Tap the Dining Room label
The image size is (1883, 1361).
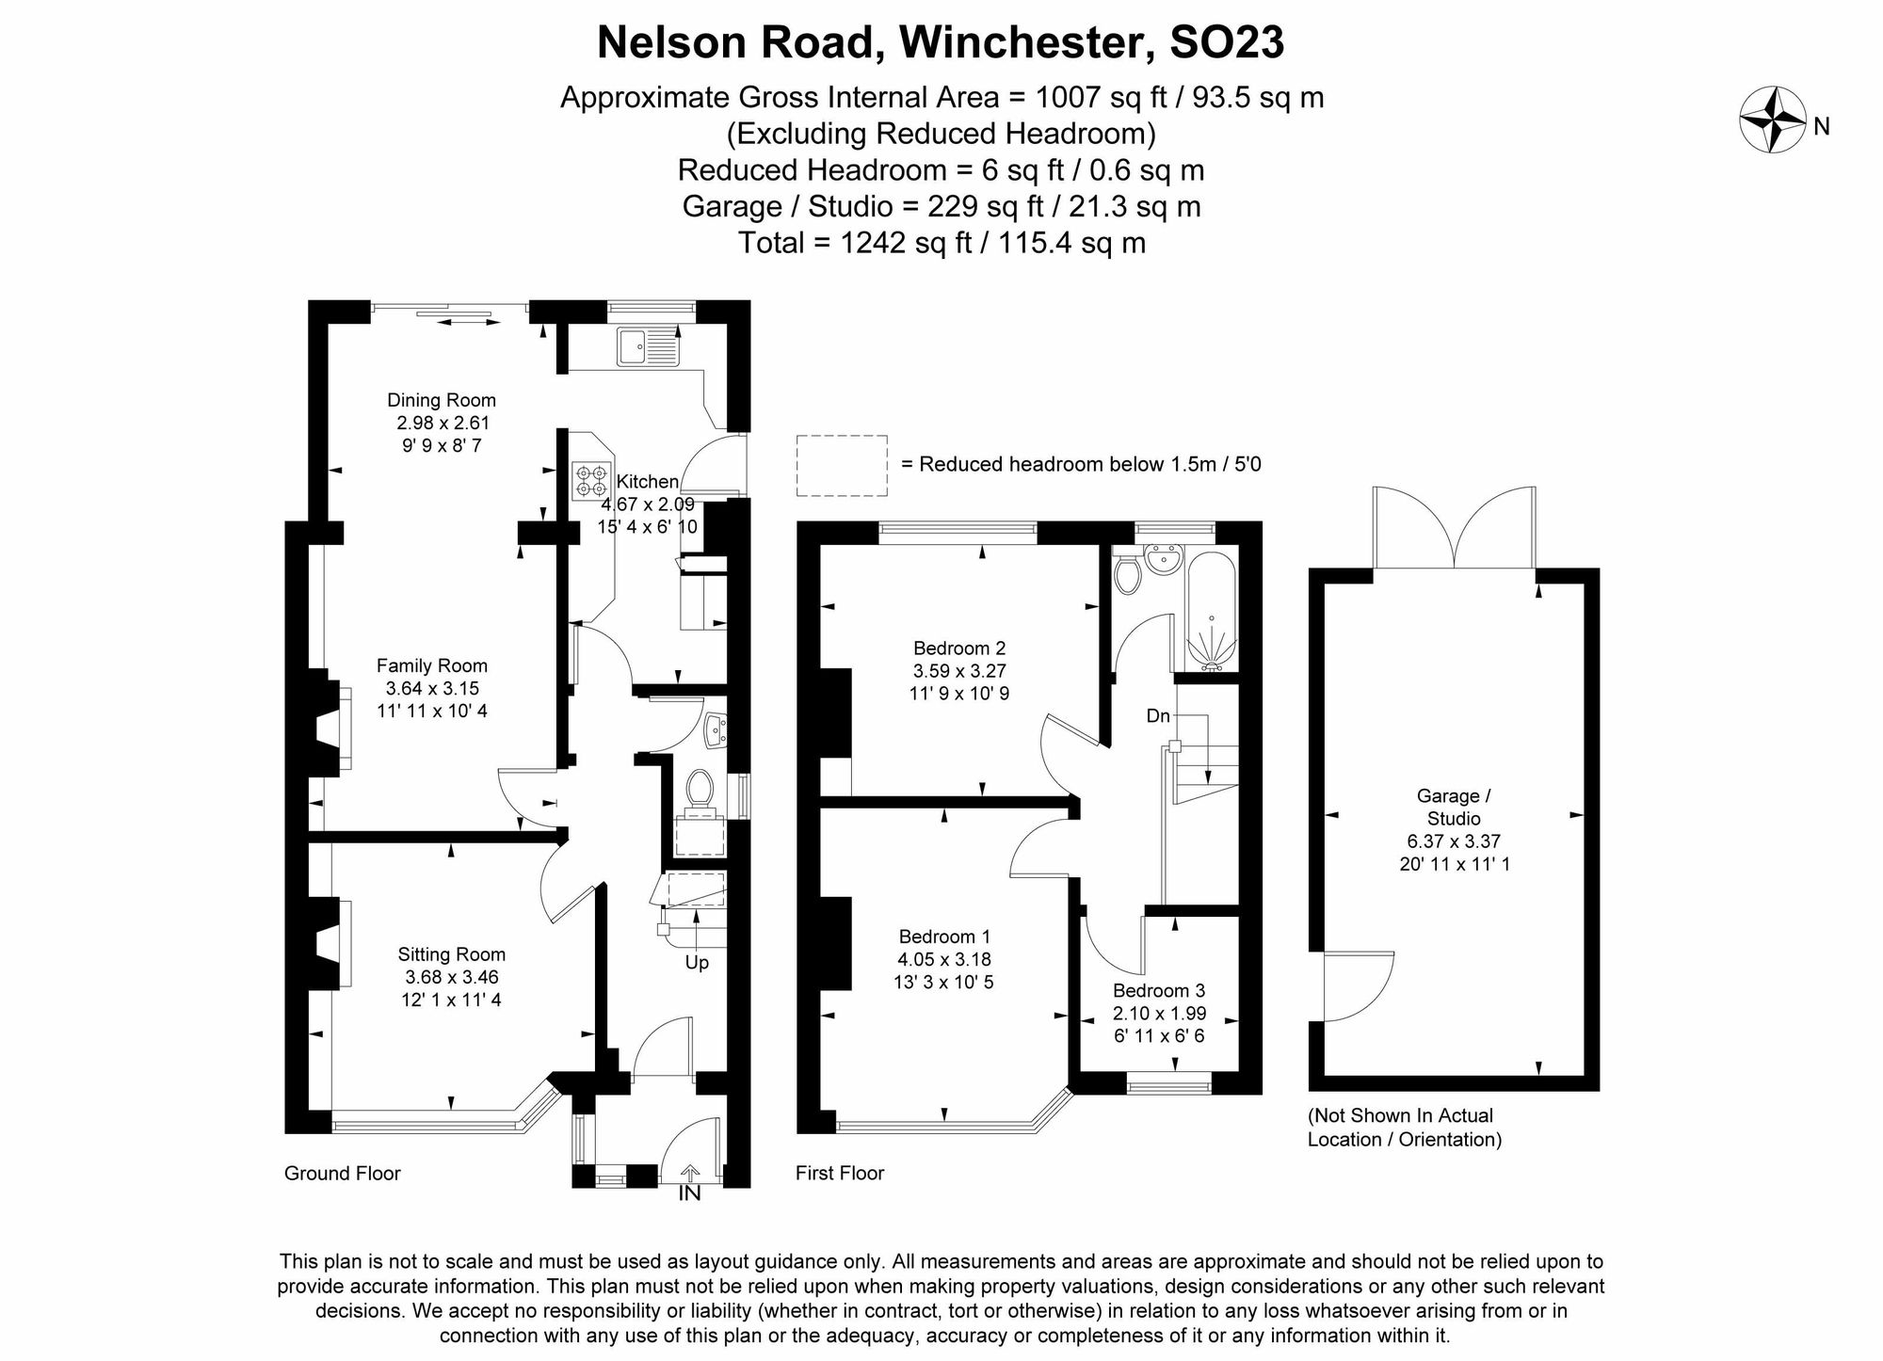[441, 400]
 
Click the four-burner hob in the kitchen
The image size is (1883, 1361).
[591, 480]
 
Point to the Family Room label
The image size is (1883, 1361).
[432, 665]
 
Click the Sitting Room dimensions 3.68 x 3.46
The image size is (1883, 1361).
[452, 977]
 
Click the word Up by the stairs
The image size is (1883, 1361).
[697, 962]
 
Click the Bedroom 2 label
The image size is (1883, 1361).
[959, 648]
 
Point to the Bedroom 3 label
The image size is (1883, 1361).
[1158, 990]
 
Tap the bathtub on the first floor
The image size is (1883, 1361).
[1211, 612]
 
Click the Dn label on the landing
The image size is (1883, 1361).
[1158, 715]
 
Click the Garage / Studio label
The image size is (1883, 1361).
[1454, 807]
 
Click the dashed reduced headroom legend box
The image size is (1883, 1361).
[842, 465]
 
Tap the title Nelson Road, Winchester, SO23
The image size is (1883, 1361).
[941, 42]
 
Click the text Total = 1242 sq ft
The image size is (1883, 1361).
[941, 243]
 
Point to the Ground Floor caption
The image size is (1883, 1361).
[343, 1173]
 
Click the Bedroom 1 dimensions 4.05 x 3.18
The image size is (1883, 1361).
[943, 959]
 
